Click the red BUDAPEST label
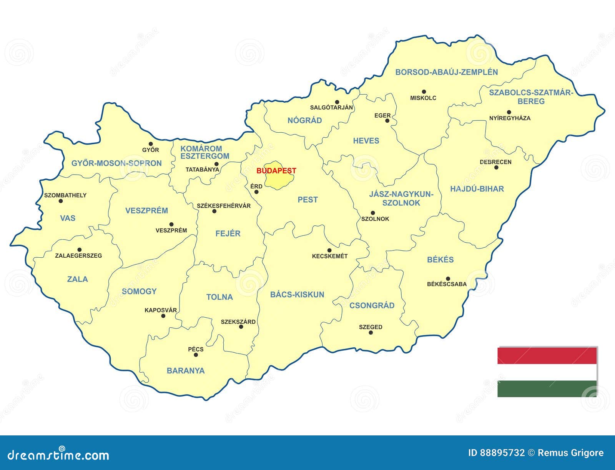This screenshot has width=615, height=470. pos(276,171)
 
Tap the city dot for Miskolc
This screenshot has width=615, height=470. pos(424,92)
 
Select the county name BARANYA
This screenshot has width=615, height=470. pos(185,371)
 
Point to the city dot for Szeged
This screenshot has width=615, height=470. pos(371,333)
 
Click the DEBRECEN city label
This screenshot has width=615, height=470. pos(495,162)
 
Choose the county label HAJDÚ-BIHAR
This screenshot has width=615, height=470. pos(477,189)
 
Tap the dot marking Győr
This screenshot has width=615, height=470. pos(151,144)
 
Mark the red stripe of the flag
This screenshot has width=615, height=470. pos(547,356)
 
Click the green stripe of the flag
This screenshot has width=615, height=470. pos(547,388)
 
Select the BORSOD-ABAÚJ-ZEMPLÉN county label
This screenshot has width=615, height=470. pos(446,72)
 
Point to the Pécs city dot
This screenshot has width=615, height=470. pos(196,355)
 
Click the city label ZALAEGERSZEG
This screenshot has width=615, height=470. pos(78,256)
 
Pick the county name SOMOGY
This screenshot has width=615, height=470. pos(139,292)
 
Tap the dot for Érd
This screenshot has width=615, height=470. pos(256,192)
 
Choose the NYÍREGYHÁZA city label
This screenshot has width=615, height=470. pos(509,118)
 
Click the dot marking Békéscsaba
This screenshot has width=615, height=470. pos(448,278)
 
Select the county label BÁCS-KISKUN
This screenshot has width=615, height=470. pos(297,295)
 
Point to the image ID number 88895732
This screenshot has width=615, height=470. pos(502,453)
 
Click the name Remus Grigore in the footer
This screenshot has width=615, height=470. pos(570,453)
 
